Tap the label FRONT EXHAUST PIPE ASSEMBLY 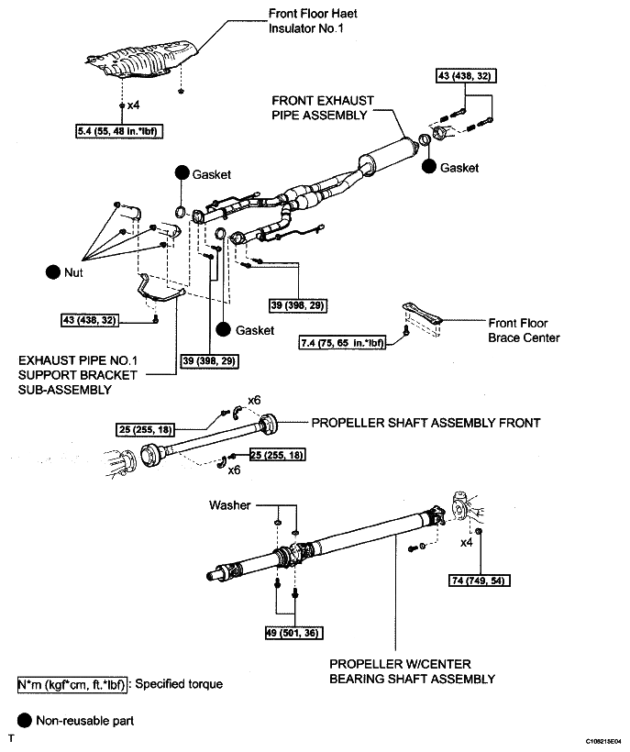click(x=318, y=108)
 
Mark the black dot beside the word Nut click(x=51, y=272)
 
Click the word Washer click(x=229, y=505)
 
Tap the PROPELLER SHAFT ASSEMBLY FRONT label click(x=426, y=423)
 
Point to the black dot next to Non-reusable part click(x=24, y=721)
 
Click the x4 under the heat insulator click(x=133, y=105)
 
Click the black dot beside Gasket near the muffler click(x=428, y=168)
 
